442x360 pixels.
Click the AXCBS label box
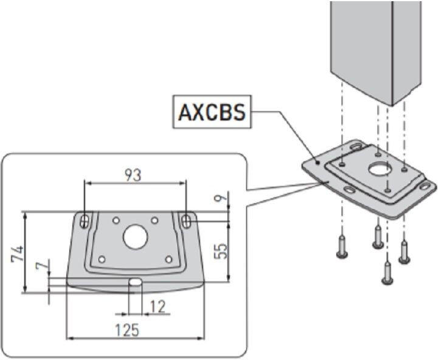[x=212, y=112]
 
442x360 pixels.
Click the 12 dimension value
[x=157, y=306]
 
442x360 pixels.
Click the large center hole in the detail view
[x=136, y=237]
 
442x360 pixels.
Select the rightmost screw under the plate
[x=404, y=251]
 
